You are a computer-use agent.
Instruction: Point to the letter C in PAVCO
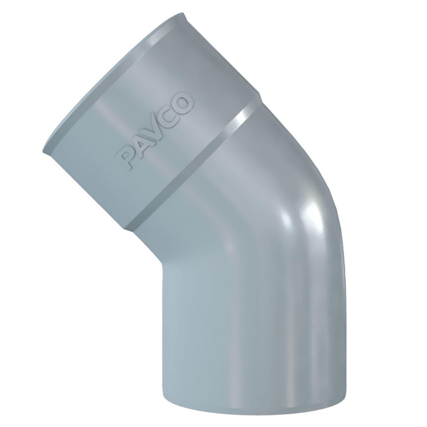tap(171, 113)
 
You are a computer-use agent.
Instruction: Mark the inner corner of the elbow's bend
tap(162, 263)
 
